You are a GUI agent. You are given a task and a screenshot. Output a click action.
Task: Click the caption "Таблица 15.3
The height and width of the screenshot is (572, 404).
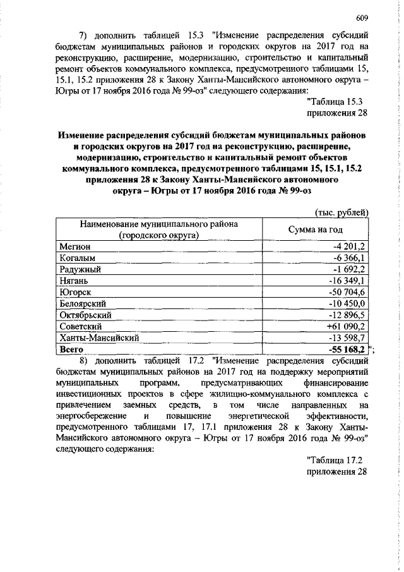click(335, 102)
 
